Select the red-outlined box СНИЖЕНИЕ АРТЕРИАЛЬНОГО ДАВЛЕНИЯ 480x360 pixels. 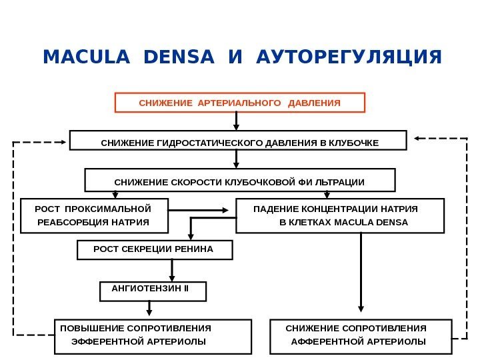click(x=240, y=103)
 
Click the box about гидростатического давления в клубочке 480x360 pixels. click(x=238, y=141)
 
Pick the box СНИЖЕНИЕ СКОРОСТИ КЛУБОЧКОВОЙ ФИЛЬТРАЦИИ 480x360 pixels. click(x=239, y=180)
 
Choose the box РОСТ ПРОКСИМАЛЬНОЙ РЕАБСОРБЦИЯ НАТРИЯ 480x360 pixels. click(x=94, y=215)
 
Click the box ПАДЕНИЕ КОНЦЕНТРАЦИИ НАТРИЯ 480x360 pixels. click(x=339, y=215)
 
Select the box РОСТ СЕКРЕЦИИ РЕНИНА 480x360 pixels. click(x=155, y=250)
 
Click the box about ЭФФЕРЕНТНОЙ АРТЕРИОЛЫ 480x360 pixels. click(x=153, y=335)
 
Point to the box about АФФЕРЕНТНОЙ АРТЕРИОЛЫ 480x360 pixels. click(x=361, y=335)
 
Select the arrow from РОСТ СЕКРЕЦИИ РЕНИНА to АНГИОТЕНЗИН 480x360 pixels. click(x=173, y=269)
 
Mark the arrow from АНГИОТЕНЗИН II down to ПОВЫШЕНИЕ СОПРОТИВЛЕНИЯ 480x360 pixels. click(x=149, y=309)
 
